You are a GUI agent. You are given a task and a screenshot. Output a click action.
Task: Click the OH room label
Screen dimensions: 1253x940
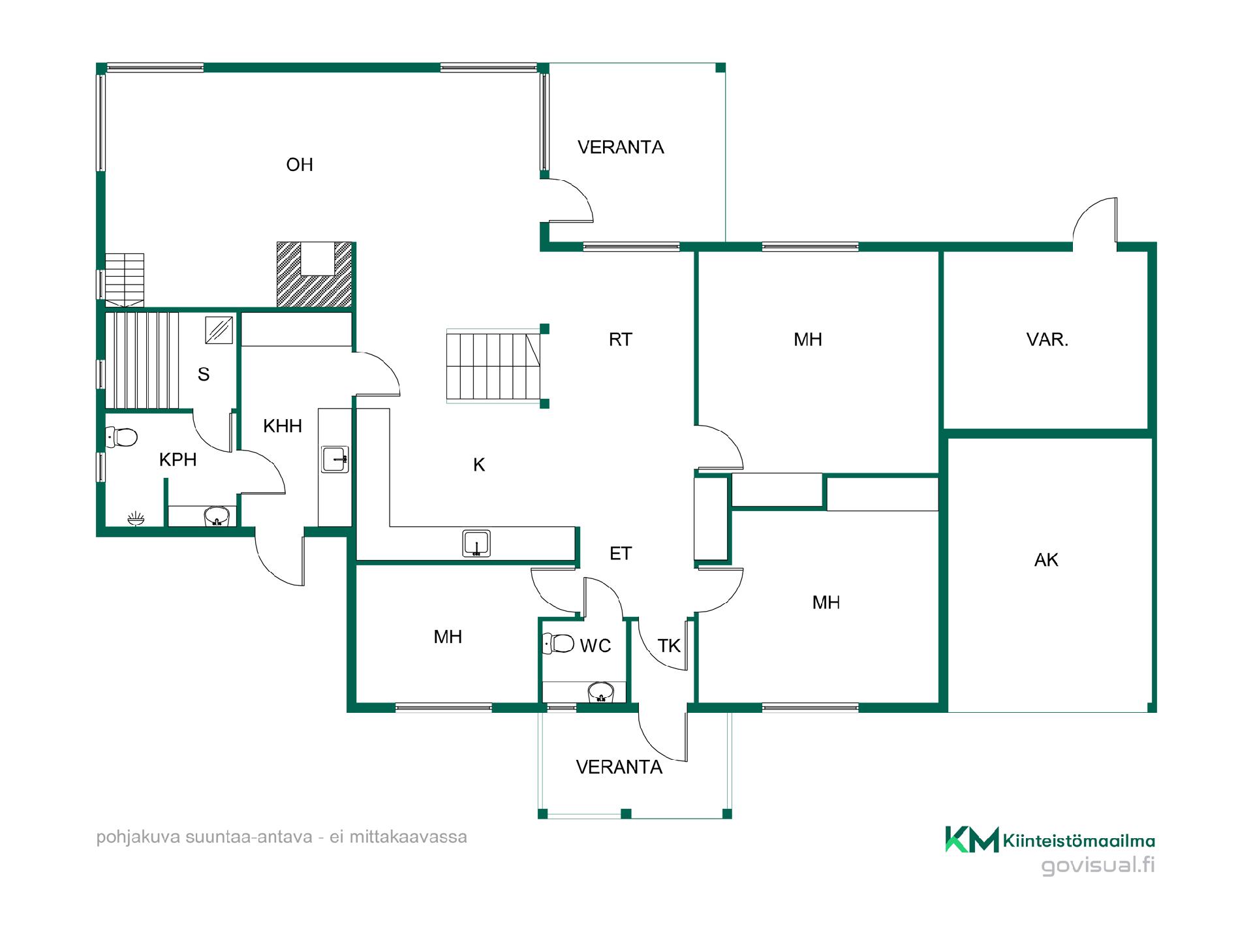[300, 164]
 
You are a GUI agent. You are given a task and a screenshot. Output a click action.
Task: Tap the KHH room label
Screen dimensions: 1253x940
[283, 426]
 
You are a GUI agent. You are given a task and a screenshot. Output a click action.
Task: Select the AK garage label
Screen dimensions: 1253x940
[1046, 560]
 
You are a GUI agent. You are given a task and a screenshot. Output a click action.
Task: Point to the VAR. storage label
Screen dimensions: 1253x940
[1047, 339]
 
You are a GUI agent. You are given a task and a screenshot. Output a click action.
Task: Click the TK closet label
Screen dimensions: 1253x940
[669, 646]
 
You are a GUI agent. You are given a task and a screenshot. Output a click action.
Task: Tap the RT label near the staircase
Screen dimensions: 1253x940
[620, 339]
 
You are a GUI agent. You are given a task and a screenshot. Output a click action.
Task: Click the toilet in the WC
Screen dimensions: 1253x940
[559, 644]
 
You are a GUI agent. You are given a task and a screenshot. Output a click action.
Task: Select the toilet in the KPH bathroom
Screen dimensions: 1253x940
[121, 437]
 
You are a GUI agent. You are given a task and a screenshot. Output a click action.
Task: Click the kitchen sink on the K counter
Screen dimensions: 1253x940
[476, 544]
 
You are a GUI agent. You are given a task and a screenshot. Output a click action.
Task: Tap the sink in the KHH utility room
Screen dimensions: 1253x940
[335, 459]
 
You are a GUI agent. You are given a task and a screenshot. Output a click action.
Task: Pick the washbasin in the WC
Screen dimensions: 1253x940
[601, 692]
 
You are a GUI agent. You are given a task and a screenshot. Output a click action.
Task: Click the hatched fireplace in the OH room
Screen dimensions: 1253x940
[315, 274]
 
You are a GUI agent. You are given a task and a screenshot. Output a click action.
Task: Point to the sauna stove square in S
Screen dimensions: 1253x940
[219, 330]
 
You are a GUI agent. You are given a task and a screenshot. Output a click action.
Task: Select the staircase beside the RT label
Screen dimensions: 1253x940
[493, 366]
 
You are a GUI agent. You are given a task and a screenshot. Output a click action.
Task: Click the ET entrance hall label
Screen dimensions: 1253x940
[620, 554]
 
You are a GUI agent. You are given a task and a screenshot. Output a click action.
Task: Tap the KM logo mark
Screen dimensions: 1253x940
[972, 839]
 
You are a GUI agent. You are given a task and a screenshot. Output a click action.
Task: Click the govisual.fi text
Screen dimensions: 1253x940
[1098, 866]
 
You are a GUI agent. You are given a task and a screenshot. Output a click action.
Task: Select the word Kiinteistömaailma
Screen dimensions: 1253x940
[1079, 841]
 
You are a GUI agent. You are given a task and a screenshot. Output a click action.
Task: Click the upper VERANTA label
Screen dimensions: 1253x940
[621, 148]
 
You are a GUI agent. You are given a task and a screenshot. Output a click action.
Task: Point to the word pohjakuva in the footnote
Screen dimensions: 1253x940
[138, 838]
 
